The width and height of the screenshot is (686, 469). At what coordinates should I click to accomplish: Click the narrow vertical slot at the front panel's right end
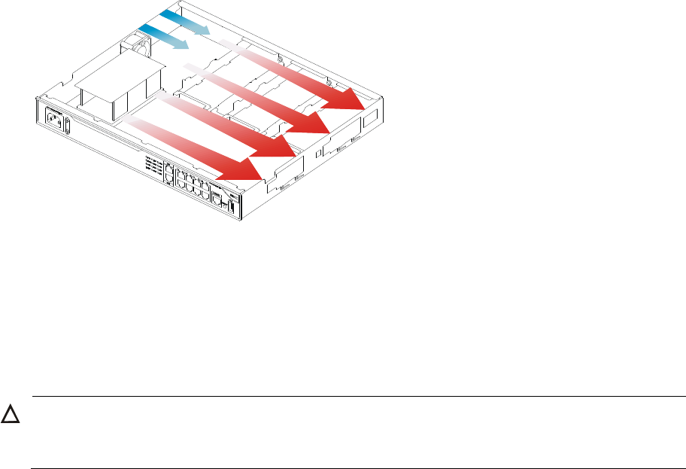[233, 208]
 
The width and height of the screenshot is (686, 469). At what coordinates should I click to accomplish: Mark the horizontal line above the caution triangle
[358, 397]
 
